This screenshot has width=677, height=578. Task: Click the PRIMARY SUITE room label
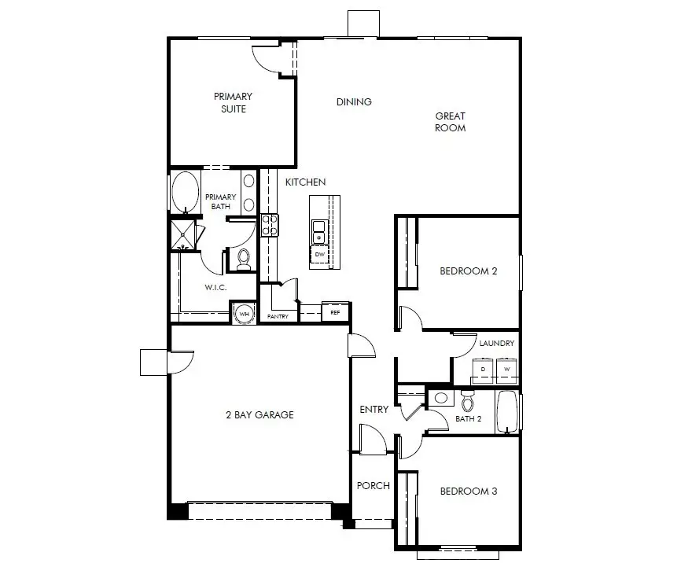[x=234, y=103]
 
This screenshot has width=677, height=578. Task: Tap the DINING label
[x=354, y=102]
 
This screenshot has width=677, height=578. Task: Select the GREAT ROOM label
[x=451, y=122]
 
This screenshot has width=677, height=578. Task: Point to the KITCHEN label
[x=305, y=182]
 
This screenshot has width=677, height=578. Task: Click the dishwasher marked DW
[x=319, y=255]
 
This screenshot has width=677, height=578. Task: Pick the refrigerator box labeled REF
[x=335, y=312]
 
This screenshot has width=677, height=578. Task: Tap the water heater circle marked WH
[x=245, y=314]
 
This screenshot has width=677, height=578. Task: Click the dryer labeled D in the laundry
[x=483, y=370]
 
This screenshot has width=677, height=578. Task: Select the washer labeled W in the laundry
[x=507, y=370]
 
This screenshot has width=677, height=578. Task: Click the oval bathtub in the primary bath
[x=186, y=192]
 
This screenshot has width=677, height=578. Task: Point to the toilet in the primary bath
[x=244, y=259]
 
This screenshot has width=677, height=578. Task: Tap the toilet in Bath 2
[x=467, y=401]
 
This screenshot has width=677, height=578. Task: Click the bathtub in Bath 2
[x=507, y=412]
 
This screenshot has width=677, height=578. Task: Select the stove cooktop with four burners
[x=270, y=225]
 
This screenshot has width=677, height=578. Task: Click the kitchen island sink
[x=319, y=232]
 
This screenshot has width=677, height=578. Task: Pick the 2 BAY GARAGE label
[x=260, y=415]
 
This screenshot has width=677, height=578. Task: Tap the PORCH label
[x=373, y=486]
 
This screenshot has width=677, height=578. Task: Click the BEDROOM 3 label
[x=469, y=491]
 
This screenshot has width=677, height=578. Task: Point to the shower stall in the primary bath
[x=182, y=235]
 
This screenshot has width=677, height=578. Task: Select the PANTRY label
[x=278, y=316]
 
